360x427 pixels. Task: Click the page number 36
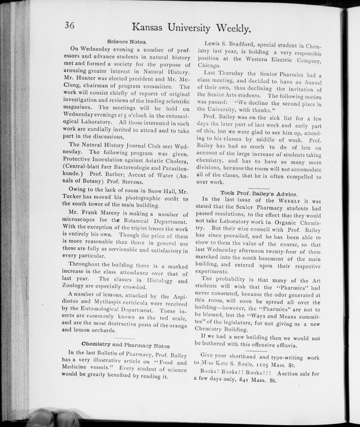coord(74,26)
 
